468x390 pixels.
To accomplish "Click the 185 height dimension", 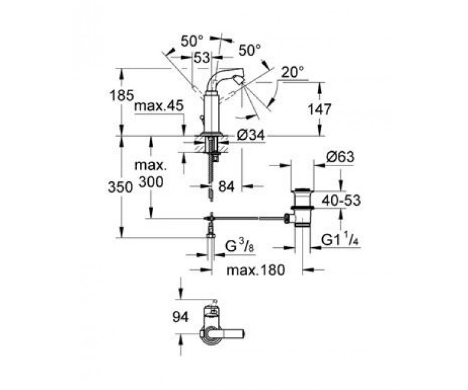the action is [x=121, y=95].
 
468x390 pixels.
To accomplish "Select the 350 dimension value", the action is [x=120, y=188].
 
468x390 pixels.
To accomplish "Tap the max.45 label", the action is [x=159, y=106].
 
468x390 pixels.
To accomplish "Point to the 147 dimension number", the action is [x=319, y=110].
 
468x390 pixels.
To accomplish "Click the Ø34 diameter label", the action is [x=251, y=136].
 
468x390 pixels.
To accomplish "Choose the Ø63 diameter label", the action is [x=340, y=157].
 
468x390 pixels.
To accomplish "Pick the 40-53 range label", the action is [x=341, y=200].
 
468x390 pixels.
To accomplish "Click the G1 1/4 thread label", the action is [x=340, y=239].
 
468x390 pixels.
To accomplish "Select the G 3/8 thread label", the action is [x=239, y=247].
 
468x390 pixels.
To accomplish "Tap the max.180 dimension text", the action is [x=256, y=271].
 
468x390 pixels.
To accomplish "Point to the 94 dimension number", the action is [x=181, y=317].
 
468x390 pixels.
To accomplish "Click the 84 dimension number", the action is [x=226, y=187].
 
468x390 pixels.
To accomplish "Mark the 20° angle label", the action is [x=293, y=72].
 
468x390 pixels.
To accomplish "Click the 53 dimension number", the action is [x=202, y=58].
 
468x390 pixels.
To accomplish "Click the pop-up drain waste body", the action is [x=302, y=208].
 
